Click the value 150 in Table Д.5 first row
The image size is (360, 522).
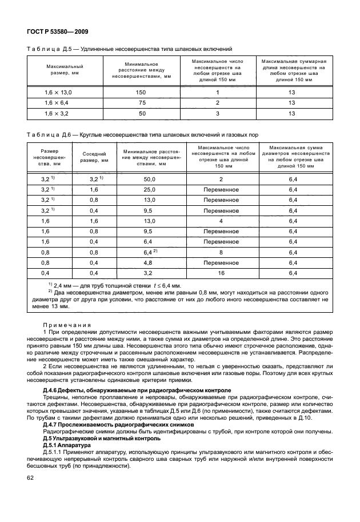141,92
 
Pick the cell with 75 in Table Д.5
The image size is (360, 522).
141,103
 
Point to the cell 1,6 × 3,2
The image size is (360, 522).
59,114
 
